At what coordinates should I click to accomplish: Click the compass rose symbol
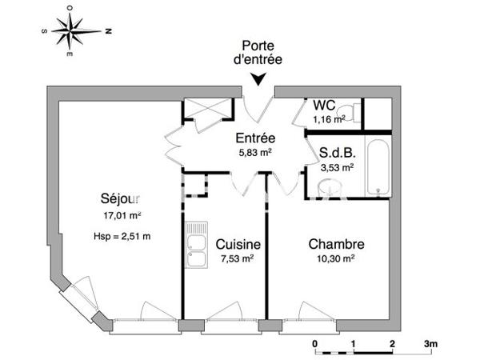click(71, 31)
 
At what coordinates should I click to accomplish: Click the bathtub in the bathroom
click(378, 167)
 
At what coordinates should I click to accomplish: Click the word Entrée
click(254, 138)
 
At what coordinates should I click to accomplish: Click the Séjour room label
click(121, 198)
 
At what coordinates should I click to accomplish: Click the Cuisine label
click(235, 244)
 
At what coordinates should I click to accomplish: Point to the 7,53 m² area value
click(236, 258)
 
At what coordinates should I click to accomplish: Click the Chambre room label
click(338, 245)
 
